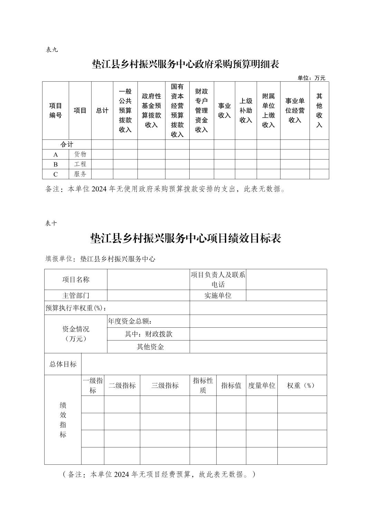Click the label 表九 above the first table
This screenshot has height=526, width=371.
tap(51, 49)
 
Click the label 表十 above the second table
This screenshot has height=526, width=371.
tap(51, 223)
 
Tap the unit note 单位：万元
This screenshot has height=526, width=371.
tap(311, 78)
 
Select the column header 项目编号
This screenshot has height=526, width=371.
tap(56, 110)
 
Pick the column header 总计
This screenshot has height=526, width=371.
tap(102, 110)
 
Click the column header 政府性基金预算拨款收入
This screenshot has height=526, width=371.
tap(151, 110)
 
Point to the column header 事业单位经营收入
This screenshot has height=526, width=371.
tap(295, 110)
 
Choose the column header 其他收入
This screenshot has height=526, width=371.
tap(319, 110)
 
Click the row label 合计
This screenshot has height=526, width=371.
tap(67, 144)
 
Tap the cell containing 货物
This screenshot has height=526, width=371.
tap(80, 154)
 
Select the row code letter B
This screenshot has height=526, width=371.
tap(56, 164)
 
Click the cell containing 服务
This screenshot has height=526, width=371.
tap(80, 174)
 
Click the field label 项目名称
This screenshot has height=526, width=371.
tap(76, 280)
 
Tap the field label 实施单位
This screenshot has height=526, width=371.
tap(218, 296)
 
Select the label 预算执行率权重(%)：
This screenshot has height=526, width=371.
tap(76, 308)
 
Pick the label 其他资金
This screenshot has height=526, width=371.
tap(150, 347)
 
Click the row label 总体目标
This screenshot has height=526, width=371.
tap(63, 364)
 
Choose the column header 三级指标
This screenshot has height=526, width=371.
tap(165, 386)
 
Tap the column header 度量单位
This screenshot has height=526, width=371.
tap(261, 386)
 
